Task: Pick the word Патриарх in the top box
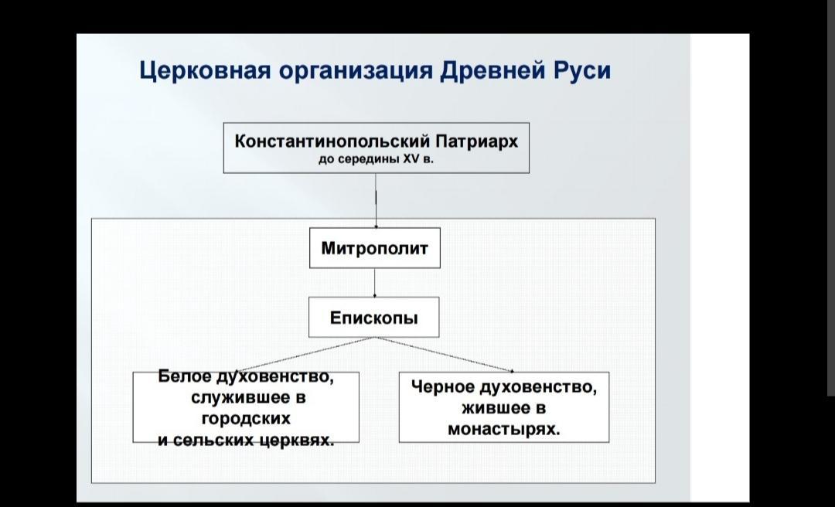[x=477, y=142]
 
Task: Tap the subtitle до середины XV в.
[x=376, y=160]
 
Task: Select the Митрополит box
[x=375, y=248]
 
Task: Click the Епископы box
[x=374, y=318]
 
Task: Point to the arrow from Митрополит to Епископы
[x=375, y=282]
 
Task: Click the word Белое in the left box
[x=185, y=377]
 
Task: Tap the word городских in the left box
[x=246, y=419]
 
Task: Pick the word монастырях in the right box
[x=503, y=429]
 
